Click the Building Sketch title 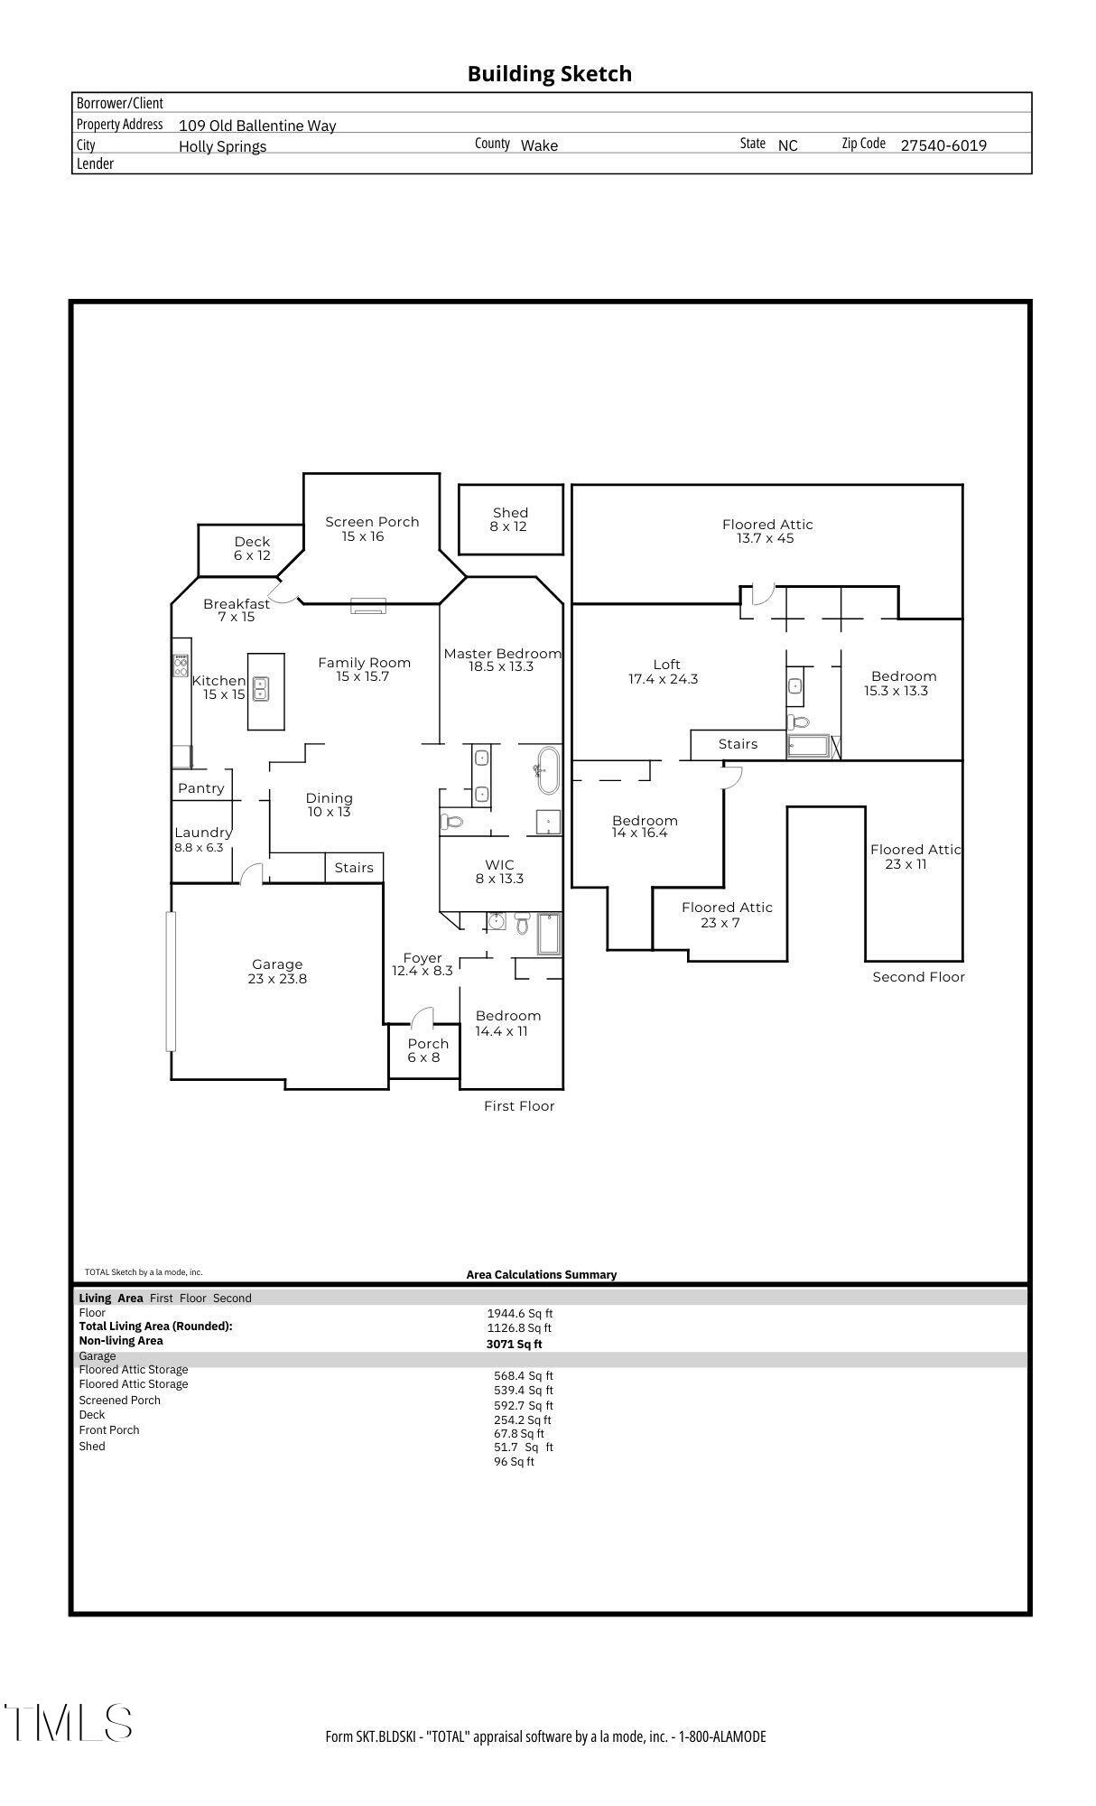[549, 74]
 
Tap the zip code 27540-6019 [943, 145]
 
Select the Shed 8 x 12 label [509, 519]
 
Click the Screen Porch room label [371, 528]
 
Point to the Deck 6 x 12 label [252, 548]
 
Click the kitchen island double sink [261, 690]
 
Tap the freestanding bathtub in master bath [548, 770]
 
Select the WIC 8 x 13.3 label [499, 871]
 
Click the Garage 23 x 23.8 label [277, 972]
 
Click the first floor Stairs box [354, 868]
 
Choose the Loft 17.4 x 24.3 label [664, 672]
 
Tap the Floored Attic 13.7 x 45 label [767, 531]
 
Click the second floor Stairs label [738, 744]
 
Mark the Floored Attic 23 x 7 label [726, 915]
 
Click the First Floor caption [519, 1106]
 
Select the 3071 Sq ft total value [514, 1344]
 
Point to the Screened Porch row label [119, 1401]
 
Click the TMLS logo [69, 1723]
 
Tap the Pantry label [200, 788]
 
